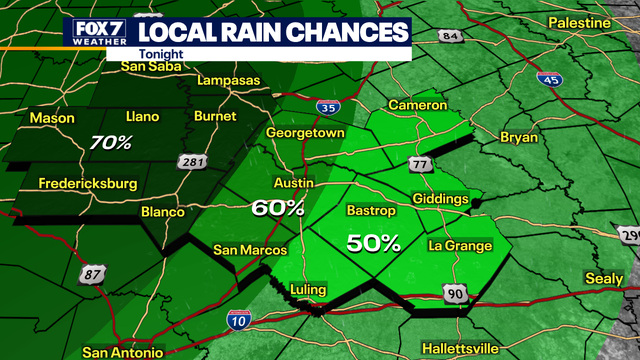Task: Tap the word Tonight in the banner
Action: coord(155,57)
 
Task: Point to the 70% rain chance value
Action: coord(110,142)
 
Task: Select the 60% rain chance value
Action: coord(279,208)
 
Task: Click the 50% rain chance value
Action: coord(374,242)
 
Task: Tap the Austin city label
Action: coord(294,184)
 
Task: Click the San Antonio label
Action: coord(123,352)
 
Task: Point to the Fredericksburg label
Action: coord(86,183)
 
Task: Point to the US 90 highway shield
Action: coord(456,291)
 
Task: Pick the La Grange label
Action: coord(460,246)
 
